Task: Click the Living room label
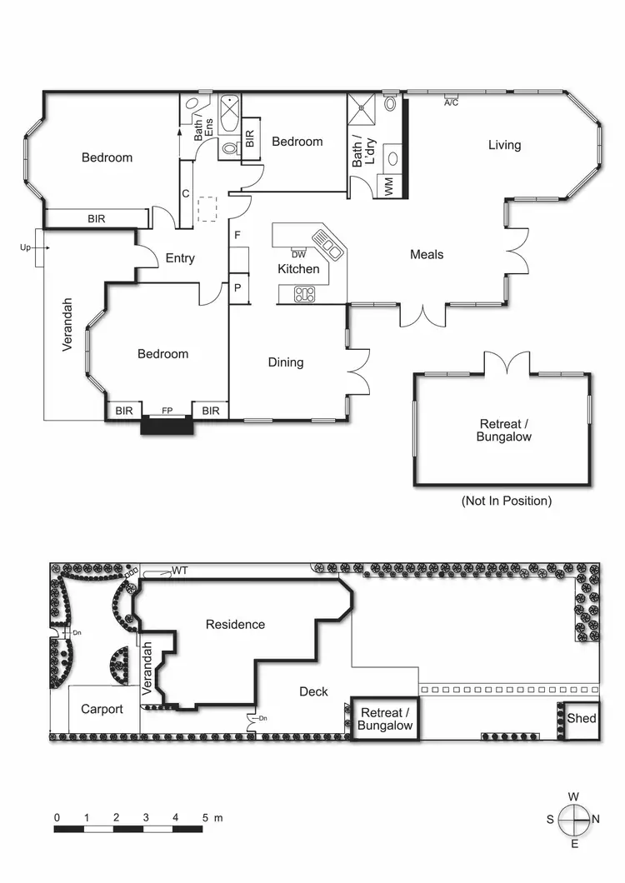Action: click(x=504, y=145)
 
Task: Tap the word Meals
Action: click(x=427, y=255)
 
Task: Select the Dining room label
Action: click(x=286, y=362)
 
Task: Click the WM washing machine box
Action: click(x=388, y=187)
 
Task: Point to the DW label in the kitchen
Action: click(x=298, y=254)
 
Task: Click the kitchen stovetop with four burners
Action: click(x=304, y=293)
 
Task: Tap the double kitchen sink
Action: click(x=333, y=247)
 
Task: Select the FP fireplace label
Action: click(x=167, y=411)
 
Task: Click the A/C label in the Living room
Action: click(x=452, y=102)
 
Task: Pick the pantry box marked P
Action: click(x=237, y=288)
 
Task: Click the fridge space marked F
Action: click(x=237, y=236)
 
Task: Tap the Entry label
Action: click(x=180, y=258)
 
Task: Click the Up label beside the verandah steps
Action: click(x=25, y=247)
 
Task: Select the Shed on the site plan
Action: click(x=582, y=718)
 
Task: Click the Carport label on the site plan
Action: click(x=102, y=710)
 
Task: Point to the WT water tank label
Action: click(x=179, y=571)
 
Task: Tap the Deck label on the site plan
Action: click(x=313, y=691)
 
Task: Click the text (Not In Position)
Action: click(x=507, y=501)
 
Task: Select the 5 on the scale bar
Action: click(x=205, y=818)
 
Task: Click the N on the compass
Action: click(x=595, y=819)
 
